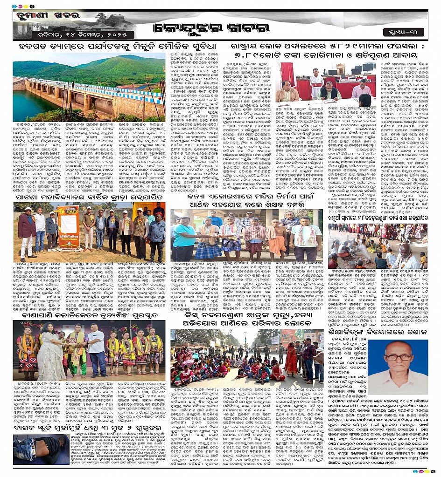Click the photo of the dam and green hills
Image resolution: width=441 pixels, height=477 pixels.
pyautogui.click(x=89, y=88)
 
